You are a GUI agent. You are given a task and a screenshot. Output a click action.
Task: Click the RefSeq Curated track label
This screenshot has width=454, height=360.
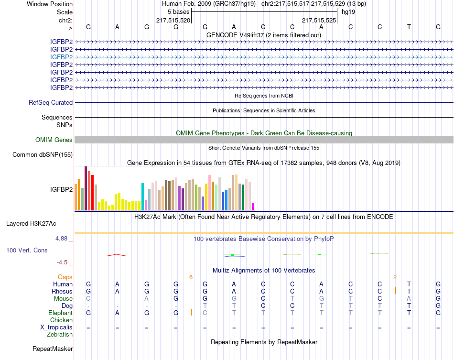tap(51, 102)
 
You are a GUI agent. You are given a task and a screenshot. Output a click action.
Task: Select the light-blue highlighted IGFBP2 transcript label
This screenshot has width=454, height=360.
tap(61, 57)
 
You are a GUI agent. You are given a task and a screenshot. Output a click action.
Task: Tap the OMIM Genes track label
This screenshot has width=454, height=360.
tap(54, 140)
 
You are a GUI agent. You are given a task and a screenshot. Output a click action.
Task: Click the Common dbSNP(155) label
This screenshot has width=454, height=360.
tap(43, 154)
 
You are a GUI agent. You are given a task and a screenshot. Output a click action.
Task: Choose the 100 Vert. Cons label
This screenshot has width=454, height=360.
tap(27, 250)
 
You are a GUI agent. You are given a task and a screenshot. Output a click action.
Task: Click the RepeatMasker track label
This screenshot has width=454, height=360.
tap(53, 349)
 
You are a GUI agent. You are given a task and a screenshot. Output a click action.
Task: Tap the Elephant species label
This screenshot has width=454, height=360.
tap(60, 313)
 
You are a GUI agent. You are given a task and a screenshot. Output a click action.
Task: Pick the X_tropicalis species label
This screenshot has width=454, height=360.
tap(56, 327)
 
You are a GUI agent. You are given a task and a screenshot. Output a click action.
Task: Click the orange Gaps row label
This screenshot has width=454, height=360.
tap(65, 277)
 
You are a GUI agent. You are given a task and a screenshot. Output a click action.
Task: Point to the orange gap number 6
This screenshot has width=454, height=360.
tap(191, 277)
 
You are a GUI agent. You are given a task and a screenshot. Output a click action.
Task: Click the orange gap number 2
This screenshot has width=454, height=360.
tap(395, 277)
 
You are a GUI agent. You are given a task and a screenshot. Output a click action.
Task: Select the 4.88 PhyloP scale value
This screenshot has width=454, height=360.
tap(63, 238)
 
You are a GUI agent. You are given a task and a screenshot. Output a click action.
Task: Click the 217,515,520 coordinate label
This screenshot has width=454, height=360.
tap(173, 20)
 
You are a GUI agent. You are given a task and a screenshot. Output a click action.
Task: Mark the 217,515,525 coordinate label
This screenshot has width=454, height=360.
tap(319, 20)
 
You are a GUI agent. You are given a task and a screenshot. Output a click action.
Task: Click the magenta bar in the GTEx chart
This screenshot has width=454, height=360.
tap(253, 207)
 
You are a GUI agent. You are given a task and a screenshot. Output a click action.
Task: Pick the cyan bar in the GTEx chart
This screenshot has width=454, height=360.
tap(142, 196)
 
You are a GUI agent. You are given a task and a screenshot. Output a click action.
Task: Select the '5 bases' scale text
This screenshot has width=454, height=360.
tap(179, 11)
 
